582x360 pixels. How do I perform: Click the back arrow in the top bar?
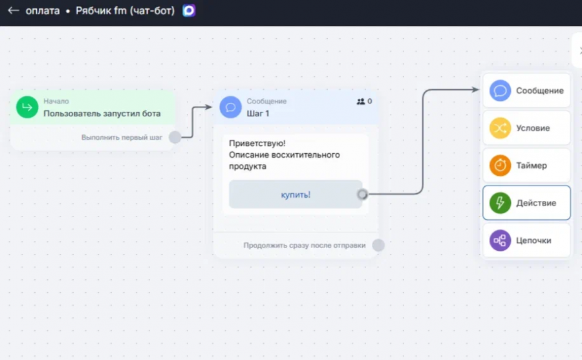point(14,10)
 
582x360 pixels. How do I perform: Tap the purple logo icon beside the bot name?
point(189,10)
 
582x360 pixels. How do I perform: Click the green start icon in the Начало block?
point(27,107)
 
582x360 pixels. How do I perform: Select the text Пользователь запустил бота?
point(102,114)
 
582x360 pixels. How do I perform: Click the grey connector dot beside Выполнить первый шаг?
point(175,137)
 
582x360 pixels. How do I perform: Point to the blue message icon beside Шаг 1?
point(230,107)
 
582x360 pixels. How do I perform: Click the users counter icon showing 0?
point(361,101)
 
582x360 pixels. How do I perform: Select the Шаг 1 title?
point(258,114)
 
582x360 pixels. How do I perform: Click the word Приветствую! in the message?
point(257,143)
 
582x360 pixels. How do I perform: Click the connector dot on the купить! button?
point(362,194)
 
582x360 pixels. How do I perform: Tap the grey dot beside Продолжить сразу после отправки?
point(378,245)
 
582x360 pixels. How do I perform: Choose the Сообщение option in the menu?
point(526,90)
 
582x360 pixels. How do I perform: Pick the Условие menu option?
point(526,128)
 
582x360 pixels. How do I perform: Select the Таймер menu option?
point(526,165)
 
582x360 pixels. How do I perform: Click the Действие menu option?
point(526,203)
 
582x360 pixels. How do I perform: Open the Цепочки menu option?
point(526,240)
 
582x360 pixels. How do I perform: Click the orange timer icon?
point(500,165)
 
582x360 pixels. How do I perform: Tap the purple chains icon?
point(500,240)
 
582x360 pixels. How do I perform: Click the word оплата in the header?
point(43,11)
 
